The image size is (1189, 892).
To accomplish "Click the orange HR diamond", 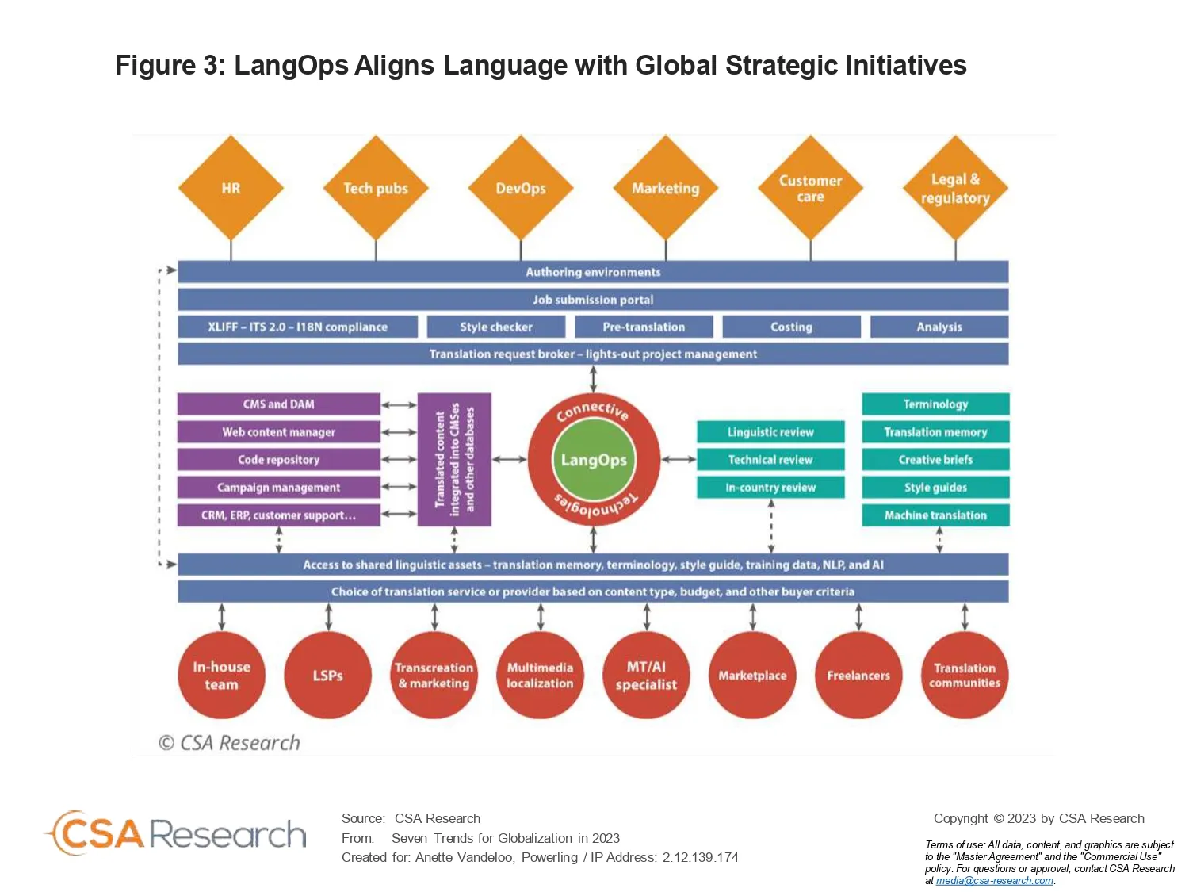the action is pyautogui.click(x=231, y=187).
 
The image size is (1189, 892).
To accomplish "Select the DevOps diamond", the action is pyautogui.click(x=521, y=187).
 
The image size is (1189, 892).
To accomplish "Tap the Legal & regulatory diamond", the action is pyautogui.click(x=955, y=187).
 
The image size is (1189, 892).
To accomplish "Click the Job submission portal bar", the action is pyautogui.click(x=593, y=300).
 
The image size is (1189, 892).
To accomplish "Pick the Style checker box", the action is pyautogui.click(x=496, y=327).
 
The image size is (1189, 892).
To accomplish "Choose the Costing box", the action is pyautogui.click(x=791, y=327).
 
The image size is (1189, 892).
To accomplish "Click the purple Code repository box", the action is pyautogui.click(x=278, y=459).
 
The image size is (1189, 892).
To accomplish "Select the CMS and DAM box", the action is pyautogui.click(x=278, y=404).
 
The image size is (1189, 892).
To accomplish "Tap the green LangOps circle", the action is pyautogui.click(x=594, y=460).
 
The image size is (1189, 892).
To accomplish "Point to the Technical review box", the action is pyautogui.click(x=770, y=459).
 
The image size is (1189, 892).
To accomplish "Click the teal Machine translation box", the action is pyautogui.click(x=935, y=515).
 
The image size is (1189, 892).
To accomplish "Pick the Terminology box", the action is pyautogui.click(x=935, y=404).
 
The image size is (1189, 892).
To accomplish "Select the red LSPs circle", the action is pyautogui.click(x=327, y=675).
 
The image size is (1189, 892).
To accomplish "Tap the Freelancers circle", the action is pyautogui.click(x=858, y=675).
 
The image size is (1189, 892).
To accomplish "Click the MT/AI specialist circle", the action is pyautogui.click(x=646, y=675).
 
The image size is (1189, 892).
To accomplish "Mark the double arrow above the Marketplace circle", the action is pyautogui.click(x=752, y=617).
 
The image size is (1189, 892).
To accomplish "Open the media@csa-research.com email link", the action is pyautogui.click(x=995, y=881).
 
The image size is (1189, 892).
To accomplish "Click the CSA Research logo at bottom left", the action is pyautogui.click(x=175, y=833).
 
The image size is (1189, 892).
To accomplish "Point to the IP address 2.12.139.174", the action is pyautogui.click(x=701, y=857).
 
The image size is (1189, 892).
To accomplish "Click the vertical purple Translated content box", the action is pyautogui.click(x=454, y=459).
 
